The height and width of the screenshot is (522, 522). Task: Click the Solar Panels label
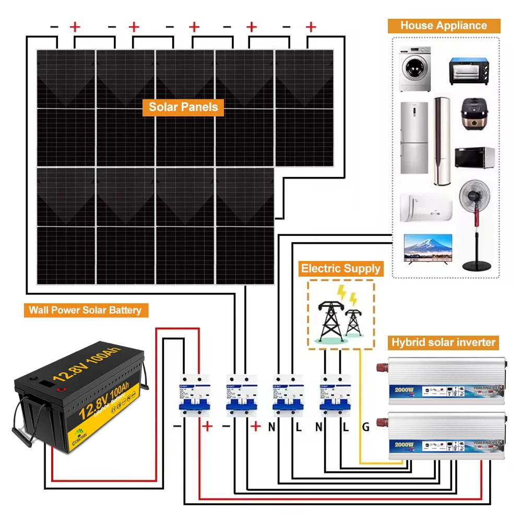tap(183, 107)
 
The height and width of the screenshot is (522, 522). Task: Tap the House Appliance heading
tap(444, 26)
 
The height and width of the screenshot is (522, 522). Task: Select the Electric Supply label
tap(340, 269)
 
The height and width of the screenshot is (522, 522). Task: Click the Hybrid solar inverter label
tap(443, 342)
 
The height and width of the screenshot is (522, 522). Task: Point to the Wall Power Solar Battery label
tap(85, 310)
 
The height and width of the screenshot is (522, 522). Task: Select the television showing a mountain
tap(428, 250)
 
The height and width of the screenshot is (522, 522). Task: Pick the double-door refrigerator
tap(414, 137)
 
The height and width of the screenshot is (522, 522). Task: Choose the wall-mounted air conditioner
tap(425, 208)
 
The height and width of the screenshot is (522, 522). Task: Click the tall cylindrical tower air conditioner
tap(442, 141)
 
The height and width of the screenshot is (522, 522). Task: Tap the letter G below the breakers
tap(366, 428)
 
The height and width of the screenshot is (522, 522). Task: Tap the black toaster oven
tap(470, 72)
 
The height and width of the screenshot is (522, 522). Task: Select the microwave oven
tap(474, 157)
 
